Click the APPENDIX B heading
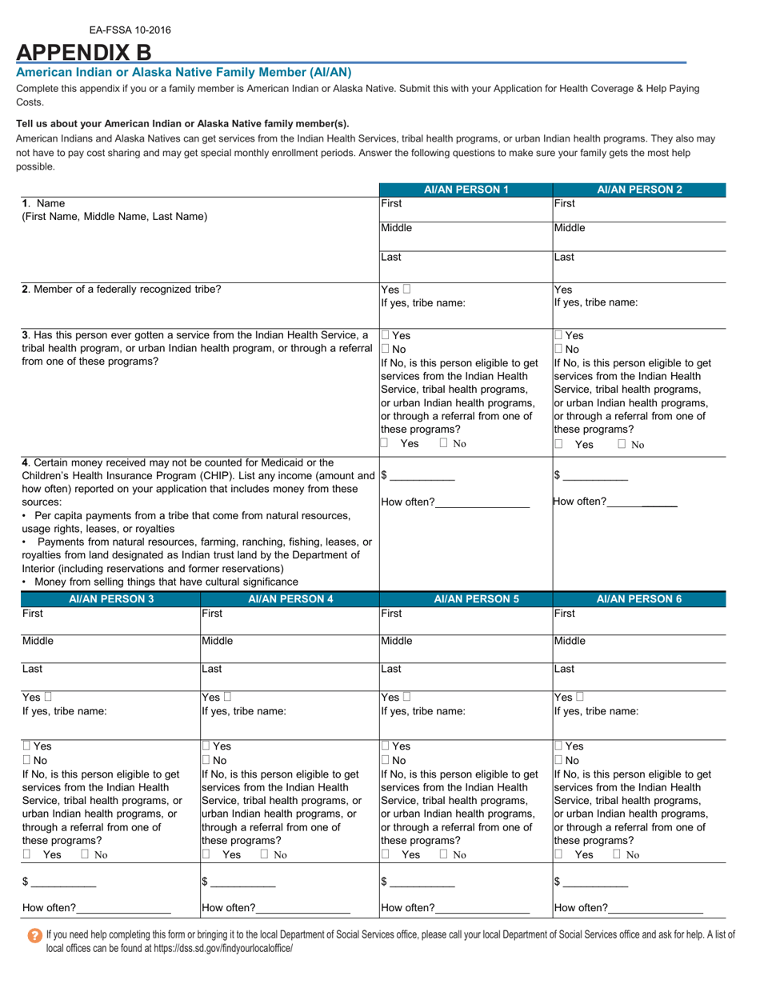[x=83, y=52]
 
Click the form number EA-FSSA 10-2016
[x=130, y=30]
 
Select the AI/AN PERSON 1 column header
[x=466, y=190]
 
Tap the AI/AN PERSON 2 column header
[x=639, y=190]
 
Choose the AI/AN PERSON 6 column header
[x=639, y=598]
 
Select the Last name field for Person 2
[x=639, y=267]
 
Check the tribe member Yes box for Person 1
[x=407, y=290]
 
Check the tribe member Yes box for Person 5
[x=407, y=698]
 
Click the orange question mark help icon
[x=34, y=935]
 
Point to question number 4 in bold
[x=26, y=462]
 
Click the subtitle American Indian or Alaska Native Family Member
[x=184, y=72]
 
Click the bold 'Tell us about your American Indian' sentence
[x=182, y=124]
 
